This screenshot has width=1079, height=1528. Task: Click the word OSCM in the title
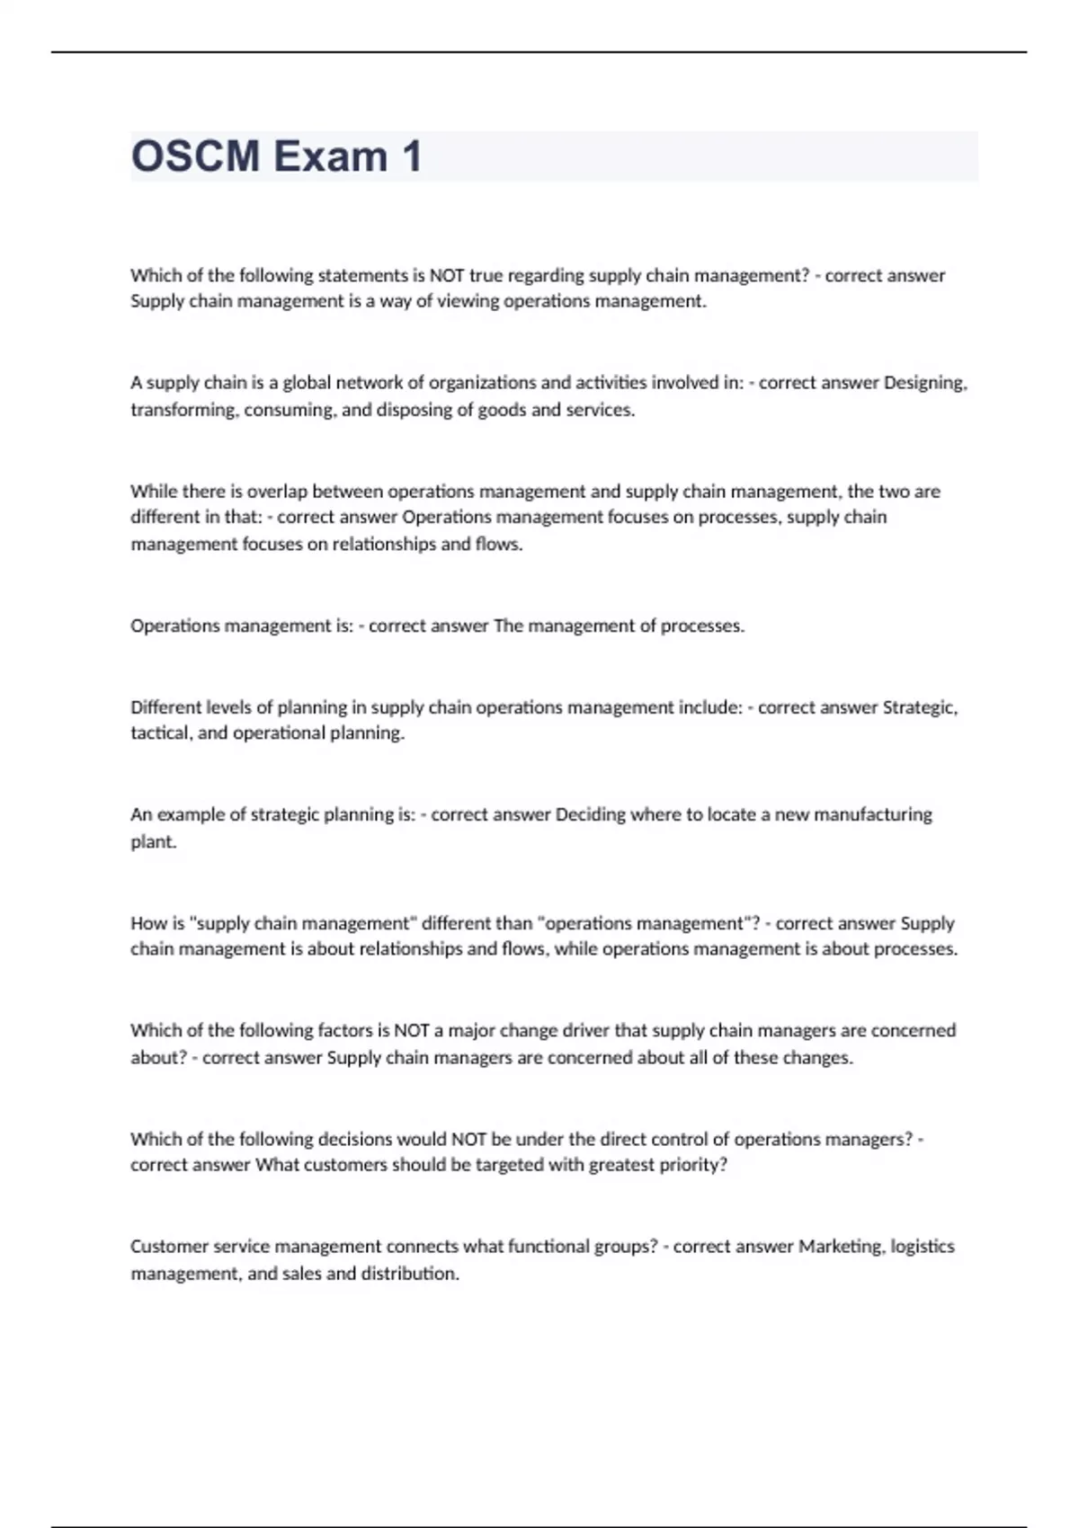point(195,156)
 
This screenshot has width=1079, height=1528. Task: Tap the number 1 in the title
point(412,156)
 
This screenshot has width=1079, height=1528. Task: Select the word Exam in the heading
point(330,156)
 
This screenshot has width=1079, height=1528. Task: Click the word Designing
point(925,383)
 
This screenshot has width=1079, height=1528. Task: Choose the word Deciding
point(590,815)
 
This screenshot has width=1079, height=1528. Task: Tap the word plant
point(153,842)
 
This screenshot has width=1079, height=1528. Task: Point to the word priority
point(693,1165)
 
